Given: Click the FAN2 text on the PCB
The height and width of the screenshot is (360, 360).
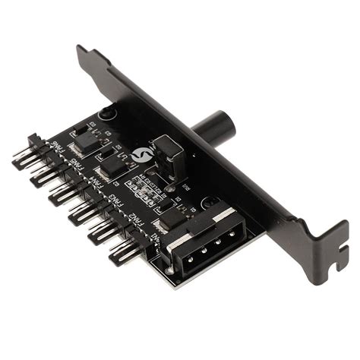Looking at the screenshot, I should tap(135, 219).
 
